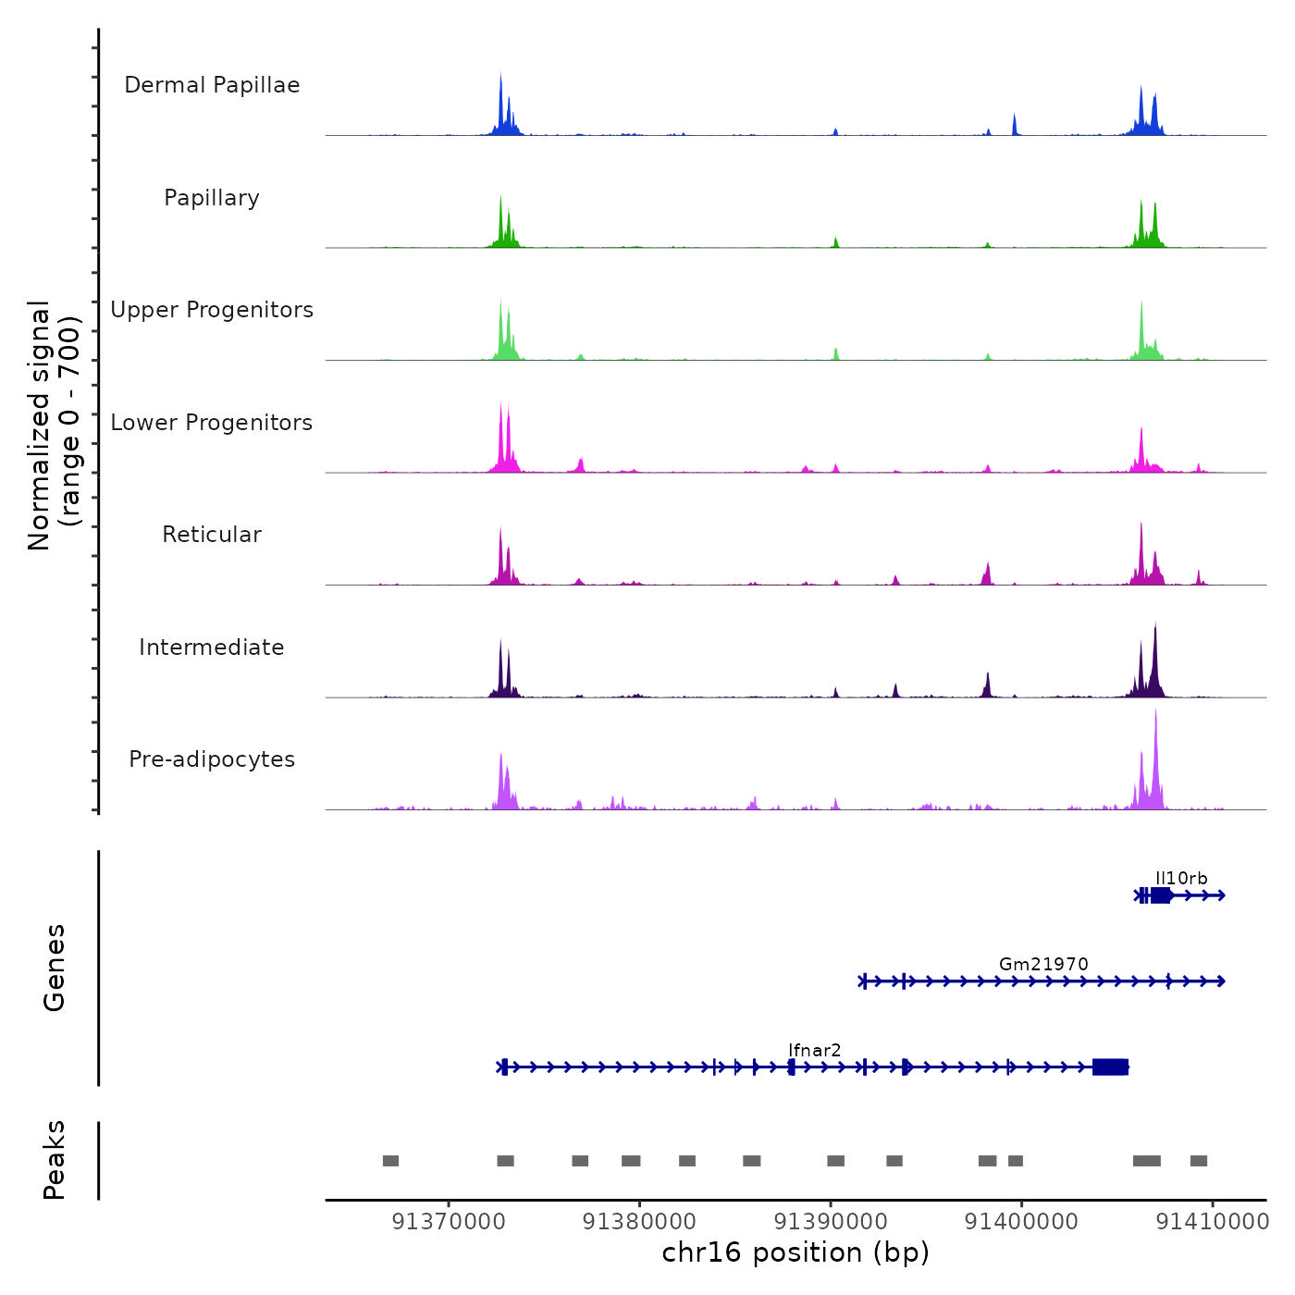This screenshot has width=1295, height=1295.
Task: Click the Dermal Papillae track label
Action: pyautogui.click(x=212, y=85)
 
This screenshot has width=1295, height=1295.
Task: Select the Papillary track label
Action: pyautogui.click(x=212, y=198)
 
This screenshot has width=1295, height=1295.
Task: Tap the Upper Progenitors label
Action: pyautogui.click(x=212, y=310)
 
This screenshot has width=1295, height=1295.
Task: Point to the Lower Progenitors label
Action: pyautogui.click(x=212, y=423)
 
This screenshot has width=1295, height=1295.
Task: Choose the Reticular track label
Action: pyautogui.click(x=212, y=535)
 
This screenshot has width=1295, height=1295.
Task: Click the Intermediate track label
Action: pyautogui.click(x=212, y=647)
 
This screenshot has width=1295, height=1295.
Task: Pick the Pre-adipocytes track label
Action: pyautogui.click(x=212, y=759)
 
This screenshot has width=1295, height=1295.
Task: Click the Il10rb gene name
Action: pyautogui.click(x=1181, y=879)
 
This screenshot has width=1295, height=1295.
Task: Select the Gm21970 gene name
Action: pyautogui.click(x=1043, y=964)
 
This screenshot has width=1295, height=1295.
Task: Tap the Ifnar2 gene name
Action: pyautogui.click(x=815, y=1050)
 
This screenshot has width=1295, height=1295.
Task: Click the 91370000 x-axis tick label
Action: pyautogui.click(x=449, y=1222)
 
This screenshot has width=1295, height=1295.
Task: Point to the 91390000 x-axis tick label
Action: pyautogui.click(x=831, y=1222)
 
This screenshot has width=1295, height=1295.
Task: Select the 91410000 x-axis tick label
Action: pyautogui.click(x=1213, y=1222)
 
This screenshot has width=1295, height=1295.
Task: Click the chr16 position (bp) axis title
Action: pyautogui.click(x=795, y=1252)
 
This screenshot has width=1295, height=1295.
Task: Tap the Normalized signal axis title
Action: pyautogui.click(x=54, y=425)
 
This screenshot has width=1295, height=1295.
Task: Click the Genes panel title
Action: pyautogui.click(x=55, y=968)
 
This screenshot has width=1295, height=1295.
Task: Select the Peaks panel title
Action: pyautogui.click(x=55, y=1160)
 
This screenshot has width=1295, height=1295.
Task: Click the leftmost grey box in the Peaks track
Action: pyautogui.click(x=390, y=1161)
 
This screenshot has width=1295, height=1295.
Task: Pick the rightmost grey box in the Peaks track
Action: pyautogui.click(x=1199, y=1161)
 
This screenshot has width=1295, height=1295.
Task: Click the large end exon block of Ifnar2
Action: pyautogui.click(x=1110, y=1067)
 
